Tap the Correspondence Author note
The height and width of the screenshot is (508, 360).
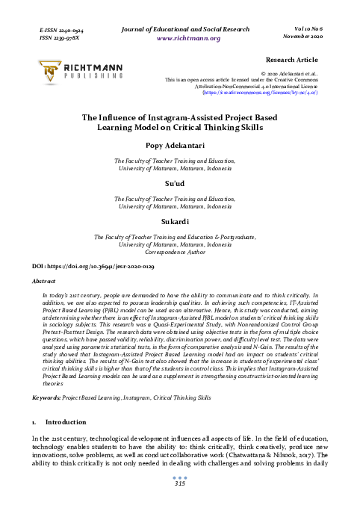[x=180, y=252]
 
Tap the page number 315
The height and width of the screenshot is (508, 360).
[x=179, y=483]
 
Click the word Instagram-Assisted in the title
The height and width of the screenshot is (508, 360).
[x=164, y=117]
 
